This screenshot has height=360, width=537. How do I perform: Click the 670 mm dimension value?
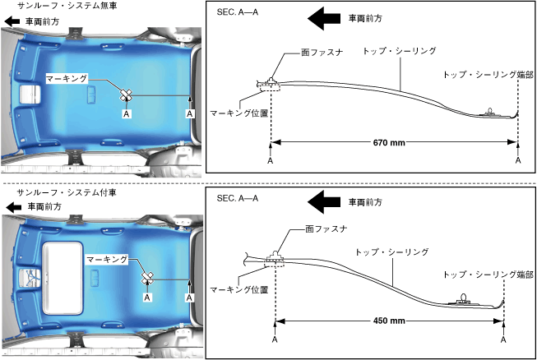tap(394, 142)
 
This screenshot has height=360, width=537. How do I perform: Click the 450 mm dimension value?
tap(389, 321)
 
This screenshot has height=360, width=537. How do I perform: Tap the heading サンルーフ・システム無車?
tap(61, 6)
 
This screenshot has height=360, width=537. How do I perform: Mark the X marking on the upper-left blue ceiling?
tap(126, 95)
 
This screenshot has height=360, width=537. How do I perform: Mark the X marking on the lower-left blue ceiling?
tap(147, 277)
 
